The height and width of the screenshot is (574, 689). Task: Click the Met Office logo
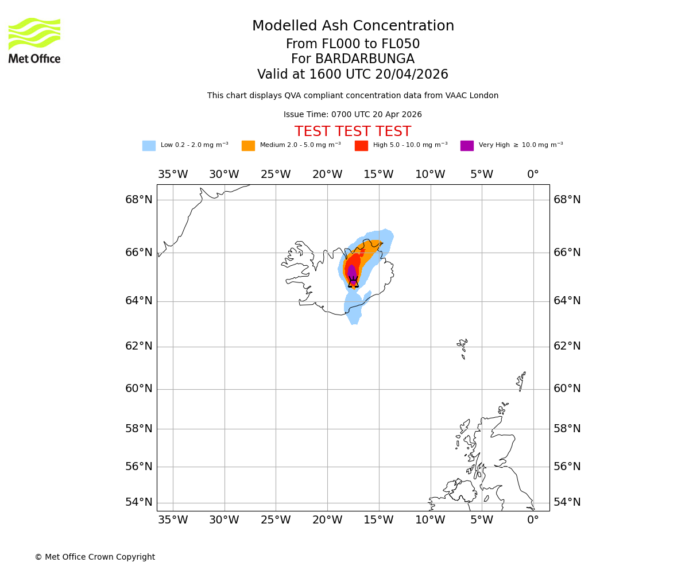coord(34,40)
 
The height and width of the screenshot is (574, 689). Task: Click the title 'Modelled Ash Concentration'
coord(353,26)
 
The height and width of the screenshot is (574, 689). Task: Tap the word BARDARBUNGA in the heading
coord(365,59)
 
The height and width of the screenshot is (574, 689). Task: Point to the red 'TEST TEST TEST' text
coord(353,131)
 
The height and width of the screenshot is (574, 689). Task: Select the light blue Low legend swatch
coord(149,146)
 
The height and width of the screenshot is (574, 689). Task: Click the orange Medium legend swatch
coord(248,146)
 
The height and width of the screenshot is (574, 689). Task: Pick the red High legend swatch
coord(361,146)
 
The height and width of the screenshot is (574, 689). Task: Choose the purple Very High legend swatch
coord(467,146)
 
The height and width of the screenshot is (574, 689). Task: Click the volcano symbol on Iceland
coord(353,282)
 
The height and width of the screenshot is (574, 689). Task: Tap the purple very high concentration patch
coord(351,271)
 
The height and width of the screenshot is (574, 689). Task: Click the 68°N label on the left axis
coord(139,200)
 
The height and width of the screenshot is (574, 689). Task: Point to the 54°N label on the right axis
coord(567,502)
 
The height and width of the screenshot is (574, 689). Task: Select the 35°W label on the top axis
coord(173,174)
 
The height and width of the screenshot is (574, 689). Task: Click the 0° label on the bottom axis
coord(533,520)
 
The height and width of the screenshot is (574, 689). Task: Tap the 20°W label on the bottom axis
coord(327,520)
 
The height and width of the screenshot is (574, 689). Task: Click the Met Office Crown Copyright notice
coord(95,557)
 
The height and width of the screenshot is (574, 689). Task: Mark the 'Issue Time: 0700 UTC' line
coord(353,115)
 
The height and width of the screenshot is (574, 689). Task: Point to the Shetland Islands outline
coord(521,381)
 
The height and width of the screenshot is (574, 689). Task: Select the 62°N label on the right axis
coord(567,346)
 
